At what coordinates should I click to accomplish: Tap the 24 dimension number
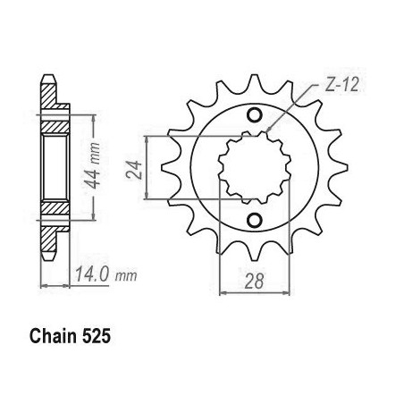pyautogui.click(x=133, y=170)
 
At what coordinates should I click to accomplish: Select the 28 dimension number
pyautogui.click(x=254, y=281)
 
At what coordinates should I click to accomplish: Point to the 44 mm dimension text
pyautogui.click(x=92, y=165)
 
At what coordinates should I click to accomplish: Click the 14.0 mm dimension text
pyautogui.click(x=105, y=274)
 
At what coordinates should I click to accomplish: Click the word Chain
pyautogui.click(x=53, y=336)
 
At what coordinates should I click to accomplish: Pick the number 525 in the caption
pyautogui.click(x=96, y=336)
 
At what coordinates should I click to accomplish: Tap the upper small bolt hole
pyautogui.click(x=254, y=114)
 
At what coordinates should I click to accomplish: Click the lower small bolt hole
pyautogui.click(x=254, y=220)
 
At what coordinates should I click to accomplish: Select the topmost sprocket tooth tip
pyautogui.click(x=254, y=75)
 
